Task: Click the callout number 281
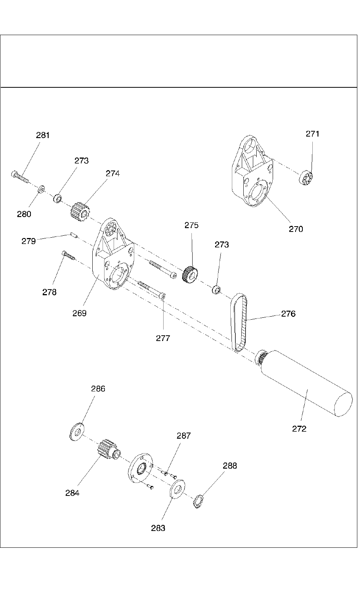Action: click(43, 135)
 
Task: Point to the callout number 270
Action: click(296, 229)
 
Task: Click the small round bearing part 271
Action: click(306, 179)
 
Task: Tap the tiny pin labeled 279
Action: click(74, 235)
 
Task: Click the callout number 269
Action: click(80, 313)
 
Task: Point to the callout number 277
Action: click(163, 338)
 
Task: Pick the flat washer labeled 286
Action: click(77, 431)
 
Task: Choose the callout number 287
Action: click(183, 436)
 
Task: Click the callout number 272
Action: click(299, 429)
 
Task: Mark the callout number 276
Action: click(288, 314)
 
